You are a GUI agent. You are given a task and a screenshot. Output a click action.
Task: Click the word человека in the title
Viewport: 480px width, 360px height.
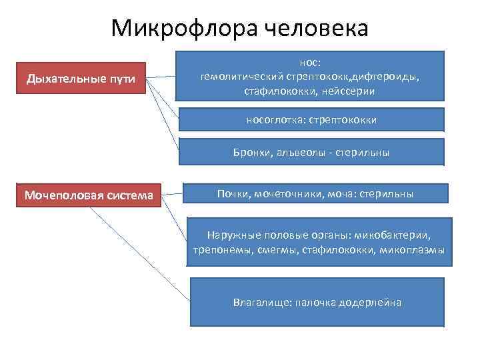click(x=316, y=28)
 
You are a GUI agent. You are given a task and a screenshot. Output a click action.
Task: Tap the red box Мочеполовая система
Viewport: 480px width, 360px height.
click(x=89, y=195)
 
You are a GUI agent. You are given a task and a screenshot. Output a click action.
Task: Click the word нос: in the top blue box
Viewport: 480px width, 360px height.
click(x=310, y=63)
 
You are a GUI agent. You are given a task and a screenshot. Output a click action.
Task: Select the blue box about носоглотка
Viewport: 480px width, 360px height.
click(x=312, y=120)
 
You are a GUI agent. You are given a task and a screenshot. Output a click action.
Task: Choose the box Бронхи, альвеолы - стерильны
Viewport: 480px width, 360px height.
click(x=311, y=153)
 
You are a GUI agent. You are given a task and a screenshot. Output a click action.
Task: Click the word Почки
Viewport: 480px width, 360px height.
click(x=231, y=194)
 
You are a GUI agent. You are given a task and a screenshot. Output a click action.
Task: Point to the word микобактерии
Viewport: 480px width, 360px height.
click(x=393, y=236)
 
